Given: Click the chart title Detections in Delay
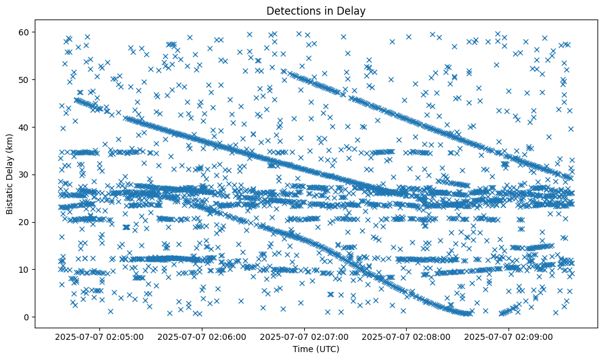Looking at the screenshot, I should [x=316, y=10].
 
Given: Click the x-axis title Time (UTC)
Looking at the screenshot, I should [x=316, y=349].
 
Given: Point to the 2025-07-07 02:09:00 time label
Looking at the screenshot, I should [x=508, y=336].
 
